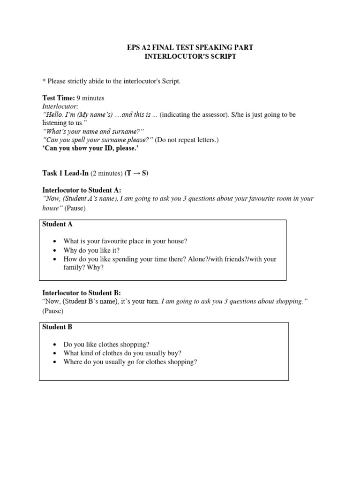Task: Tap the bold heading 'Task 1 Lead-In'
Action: pos(65,173)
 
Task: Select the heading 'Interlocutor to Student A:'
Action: pos(82,190)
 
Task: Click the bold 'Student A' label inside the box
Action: pos(58,225)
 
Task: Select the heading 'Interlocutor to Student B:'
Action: pos(82,292)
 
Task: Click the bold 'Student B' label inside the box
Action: pos(57,327)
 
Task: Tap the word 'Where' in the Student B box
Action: pos(73,362)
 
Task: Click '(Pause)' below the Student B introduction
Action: pos(52,310)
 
